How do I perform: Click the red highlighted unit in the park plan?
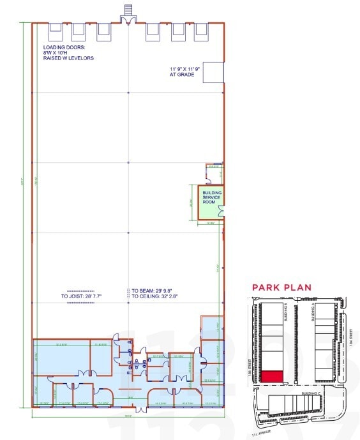click(x=274, y=377)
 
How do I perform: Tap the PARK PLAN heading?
click(x=281, y=287)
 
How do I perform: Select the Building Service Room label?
click(x=211, y=197)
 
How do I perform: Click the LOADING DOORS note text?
click(x=68, y=53)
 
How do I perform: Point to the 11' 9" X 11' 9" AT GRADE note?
click(x=185, y=72)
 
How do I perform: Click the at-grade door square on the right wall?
click(x=214, y=73)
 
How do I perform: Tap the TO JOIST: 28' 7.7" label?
click(x=82, y=296)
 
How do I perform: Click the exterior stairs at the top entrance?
click(x=128, y=10)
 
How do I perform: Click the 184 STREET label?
click(x=352, y=337)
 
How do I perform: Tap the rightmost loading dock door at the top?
click(x=201, y=29)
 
